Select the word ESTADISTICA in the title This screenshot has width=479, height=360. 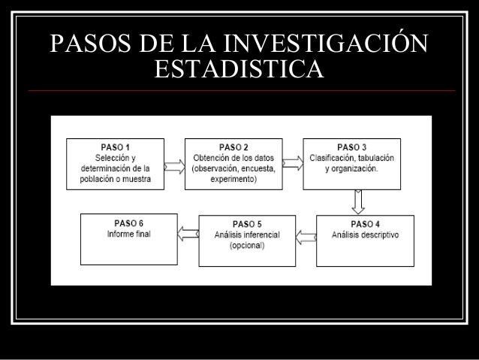(239, 71)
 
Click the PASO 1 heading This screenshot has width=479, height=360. (116, 147)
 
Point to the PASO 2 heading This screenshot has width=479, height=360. (233, 147)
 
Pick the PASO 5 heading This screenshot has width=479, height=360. (247, 223)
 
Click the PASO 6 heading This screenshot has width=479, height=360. (129, 222)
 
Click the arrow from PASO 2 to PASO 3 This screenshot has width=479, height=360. (293, 164)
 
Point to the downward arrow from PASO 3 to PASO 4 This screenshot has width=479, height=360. (358, 201)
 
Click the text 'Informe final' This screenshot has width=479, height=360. (129, 234)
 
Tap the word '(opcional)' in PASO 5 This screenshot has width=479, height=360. (247, 246)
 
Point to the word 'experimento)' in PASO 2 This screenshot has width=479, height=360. (234, 180)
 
